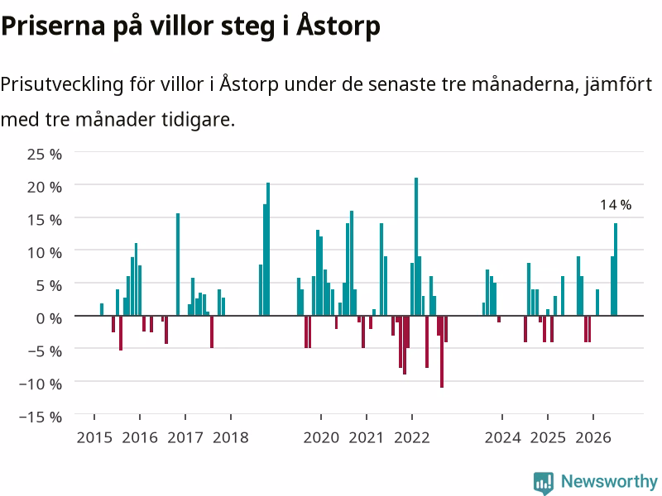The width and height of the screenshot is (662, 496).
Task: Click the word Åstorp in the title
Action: (x=338, y=26)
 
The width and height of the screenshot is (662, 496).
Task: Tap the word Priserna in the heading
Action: (x=53, y=26)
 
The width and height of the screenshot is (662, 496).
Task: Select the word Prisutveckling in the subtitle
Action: (x=61, y=85)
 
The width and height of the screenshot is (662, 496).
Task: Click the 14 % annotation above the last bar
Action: (x=616, y=205)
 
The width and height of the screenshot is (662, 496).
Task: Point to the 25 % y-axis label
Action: (x=45, y=154)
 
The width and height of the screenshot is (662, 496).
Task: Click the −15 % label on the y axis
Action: (x=41, y=417)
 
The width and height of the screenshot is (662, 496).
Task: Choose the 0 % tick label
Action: (x=49, y=318)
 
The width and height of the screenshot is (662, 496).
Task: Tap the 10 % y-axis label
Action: (x=45, y=253)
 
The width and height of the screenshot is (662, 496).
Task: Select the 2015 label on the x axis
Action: (x=94, y=437)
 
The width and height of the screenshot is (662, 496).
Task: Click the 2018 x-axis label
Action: (x=231, y=437)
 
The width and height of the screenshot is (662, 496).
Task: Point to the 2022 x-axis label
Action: (x=411, y=437)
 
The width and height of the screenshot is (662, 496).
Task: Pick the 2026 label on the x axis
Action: (x=593, y=437)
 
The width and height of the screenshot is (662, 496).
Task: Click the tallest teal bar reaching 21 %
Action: (x=416, y=246)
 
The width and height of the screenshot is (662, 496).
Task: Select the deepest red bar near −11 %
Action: (x=442, y=351)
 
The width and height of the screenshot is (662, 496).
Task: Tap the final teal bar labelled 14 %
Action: (x=616, y=269)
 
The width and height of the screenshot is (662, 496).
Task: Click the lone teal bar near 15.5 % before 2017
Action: (x=178, y=265)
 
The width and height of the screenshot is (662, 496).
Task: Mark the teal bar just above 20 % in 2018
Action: (x=268, y=249)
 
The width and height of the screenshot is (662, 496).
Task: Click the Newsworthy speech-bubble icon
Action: (x=544, y=483)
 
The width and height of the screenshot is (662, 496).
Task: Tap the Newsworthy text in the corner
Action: (x=609, y=481)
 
